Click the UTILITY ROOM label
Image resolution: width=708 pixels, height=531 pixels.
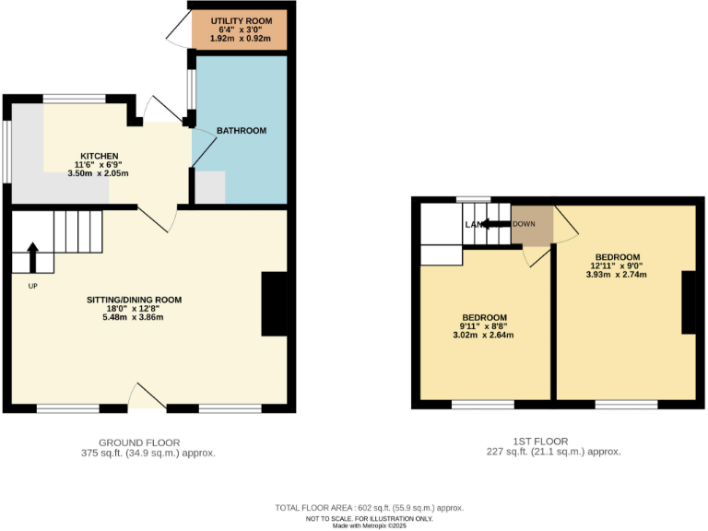(240, 20)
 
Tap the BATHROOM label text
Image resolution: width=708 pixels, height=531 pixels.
(242, 131)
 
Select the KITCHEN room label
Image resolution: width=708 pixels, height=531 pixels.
(100, 155)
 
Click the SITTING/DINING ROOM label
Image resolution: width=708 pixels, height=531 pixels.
(134, 300)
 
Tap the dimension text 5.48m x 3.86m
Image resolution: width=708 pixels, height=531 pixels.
(134, 317)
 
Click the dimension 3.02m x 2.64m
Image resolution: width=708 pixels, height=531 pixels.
(485, 335)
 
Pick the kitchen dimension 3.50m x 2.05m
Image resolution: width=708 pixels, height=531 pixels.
(100, 173)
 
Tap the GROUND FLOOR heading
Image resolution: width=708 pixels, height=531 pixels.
(138, 442)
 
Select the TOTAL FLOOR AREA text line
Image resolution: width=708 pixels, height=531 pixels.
(369, 508)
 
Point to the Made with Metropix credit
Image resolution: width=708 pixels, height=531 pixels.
(369, 525)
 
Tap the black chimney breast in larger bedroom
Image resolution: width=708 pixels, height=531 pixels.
(688, 302)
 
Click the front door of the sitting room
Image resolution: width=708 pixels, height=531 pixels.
(146, 396)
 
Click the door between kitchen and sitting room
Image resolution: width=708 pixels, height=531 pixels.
(161, 218)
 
